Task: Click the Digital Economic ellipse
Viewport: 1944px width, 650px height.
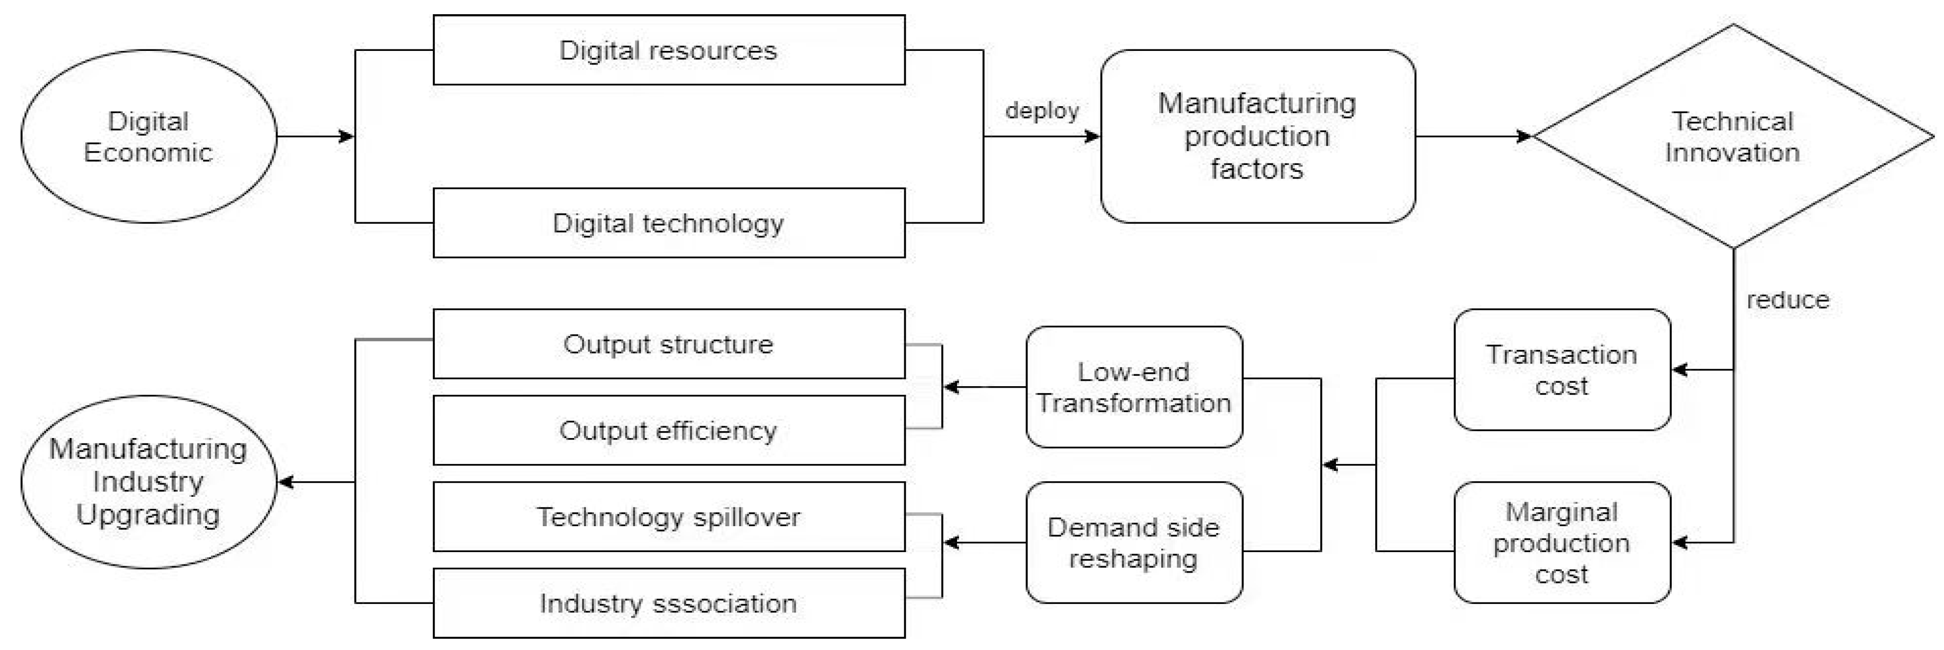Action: [149, 137]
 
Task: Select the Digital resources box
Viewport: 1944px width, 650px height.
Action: [669, 50]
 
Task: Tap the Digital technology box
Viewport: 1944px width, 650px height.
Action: [669, 223]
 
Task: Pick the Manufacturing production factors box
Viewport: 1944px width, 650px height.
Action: [1257, 137]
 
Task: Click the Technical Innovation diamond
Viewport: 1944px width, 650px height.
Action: [1733, 137]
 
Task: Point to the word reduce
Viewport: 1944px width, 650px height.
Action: [1787, 300]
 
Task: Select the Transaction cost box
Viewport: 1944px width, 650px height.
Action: [1561, 370]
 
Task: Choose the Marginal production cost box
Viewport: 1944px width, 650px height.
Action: [1561, 542]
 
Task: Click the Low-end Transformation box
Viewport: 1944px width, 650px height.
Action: [1133, 387]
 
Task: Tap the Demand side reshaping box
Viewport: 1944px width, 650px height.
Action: [1133, 542]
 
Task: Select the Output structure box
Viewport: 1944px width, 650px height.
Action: [669, 344]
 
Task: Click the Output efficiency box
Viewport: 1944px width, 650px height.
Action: [669, 430]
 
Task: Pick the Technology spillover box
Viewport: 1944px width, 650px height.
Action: [669, 516]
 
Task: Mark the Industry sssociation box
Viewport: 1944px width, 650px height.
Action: [669, 603]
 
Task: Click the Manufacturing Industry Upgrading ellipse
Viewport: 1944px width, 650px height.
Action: [149, 482]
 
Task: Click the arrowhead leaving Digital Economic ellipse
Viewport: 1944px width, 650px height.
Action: [347, 137]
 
